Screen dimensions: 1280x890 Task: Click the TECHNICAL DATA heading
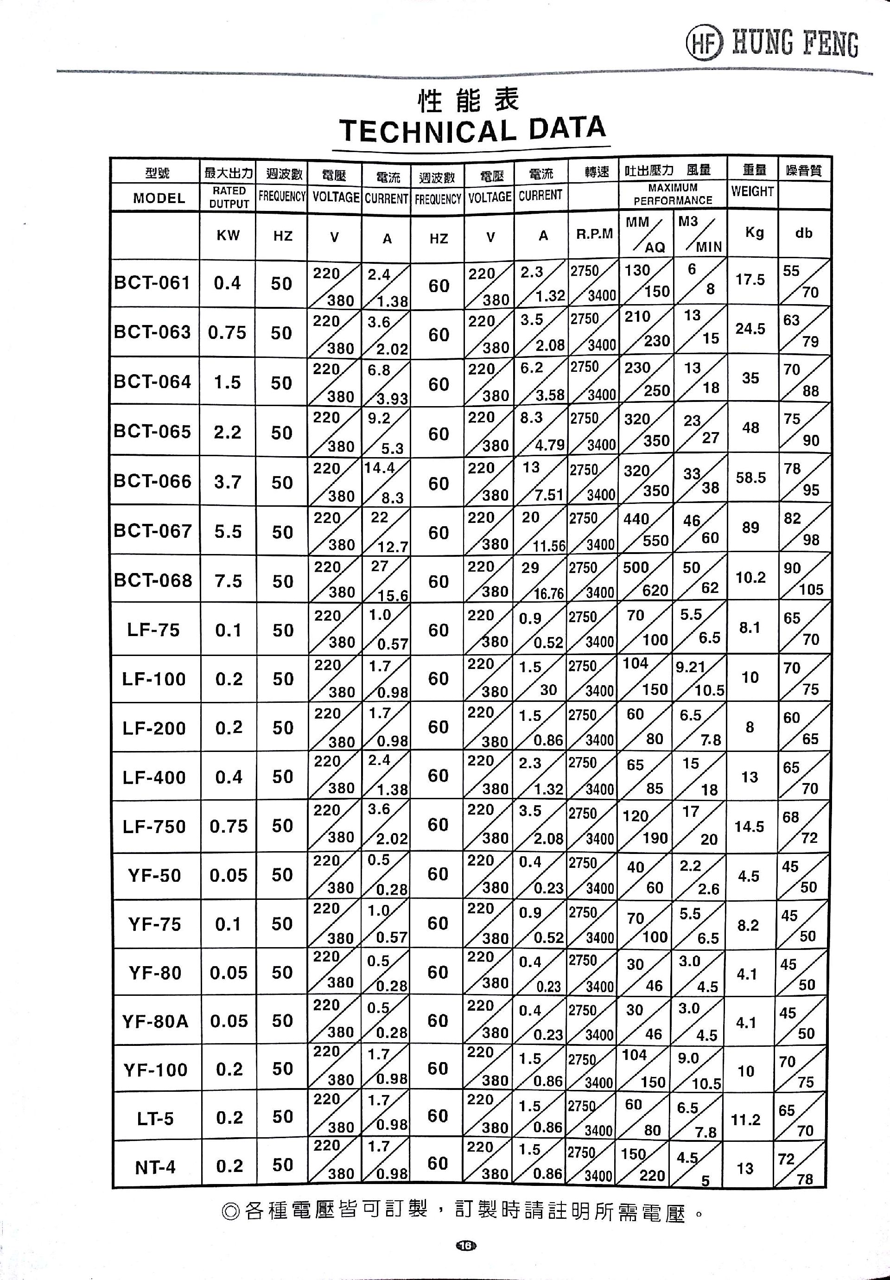pos(471,130)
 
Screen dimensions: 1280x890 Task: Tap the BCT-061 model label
pos(152,283)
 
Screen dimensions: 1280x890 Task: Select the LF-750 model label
pos(154,826)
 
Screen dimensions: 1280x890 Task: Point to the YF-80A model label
pos(155,1021)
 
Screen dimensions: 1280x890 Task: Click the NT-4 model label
pos(155,1167)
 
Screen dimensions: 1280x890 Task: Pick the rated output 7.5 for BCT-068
pos(229,581)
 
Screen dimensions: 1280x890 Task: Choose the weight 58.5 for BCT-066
pos(750,478)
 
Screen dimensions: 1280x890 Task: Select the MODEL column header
pos(159,198)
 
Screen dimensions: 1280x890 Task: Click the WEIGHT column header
pos(752,191)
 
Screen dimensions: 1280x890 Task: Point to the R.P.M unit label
pos(594,234)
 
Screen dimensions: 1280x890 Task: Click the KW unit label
pos(228,235)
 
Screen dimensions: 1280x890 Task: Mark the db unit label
pos(804,233)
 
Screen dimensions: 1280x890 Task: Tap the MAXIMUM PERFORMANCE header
pos(673,194)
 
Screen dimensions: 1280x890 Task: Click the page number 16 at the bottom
pos(466,1245)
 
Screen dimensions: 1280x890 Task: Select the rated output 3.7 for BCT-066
pos(228,482)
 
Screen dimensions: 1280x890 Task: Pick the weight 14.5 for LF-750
pos(749,827)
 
